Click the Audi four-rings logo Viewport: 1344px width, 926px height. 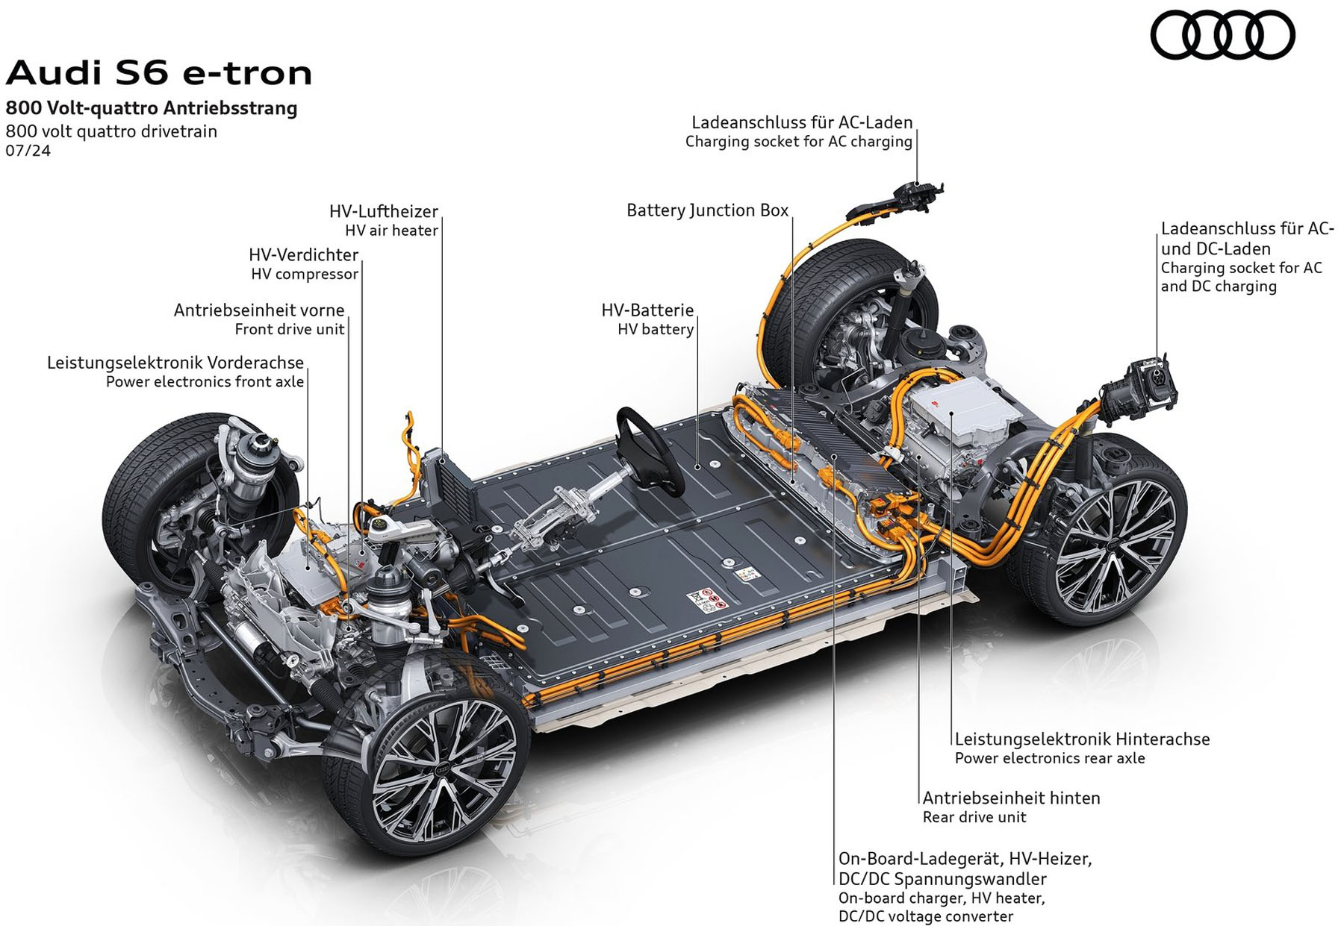point(1222,35)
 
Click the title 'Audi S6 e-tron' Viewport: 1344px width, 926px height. point(159,73)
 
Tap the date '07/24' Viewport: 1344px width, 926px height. point(28,151)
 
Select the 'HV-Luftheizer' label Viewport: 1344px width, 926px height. point(384,211)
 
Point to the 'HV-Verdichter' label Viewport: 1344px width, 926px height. point(303,254)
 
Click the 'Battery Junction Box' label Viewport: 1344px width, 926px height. point(707,210)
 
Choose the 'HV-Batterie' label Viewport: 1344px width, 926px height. point(647,310)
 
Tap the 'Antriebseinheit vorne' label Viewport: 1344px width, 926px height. point(259,310)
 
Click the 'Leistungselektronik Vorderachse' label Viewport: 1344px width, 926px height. point(175,363)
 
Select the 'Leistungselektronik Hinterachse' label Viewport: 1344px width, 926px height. point(1082,739)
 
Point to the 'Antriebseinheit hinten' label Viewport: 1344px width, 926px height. point(1011,798)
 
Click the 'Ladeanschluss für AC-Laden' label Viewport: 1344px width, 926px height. point(802,122)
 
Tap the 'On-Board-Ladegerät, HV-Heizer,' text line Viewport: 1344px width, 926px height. point(965,859)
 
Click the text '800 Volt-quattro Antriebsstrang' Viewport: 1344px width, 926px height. point(152,108)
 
